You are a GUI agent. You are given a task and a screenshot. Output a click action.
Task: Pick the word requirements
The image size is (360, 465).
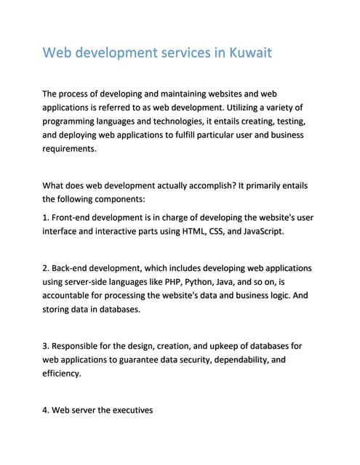(x=69, y=149)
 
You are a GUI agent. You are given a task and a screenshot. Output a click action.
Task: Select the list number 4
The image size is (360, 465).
(x=46, y=411)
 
